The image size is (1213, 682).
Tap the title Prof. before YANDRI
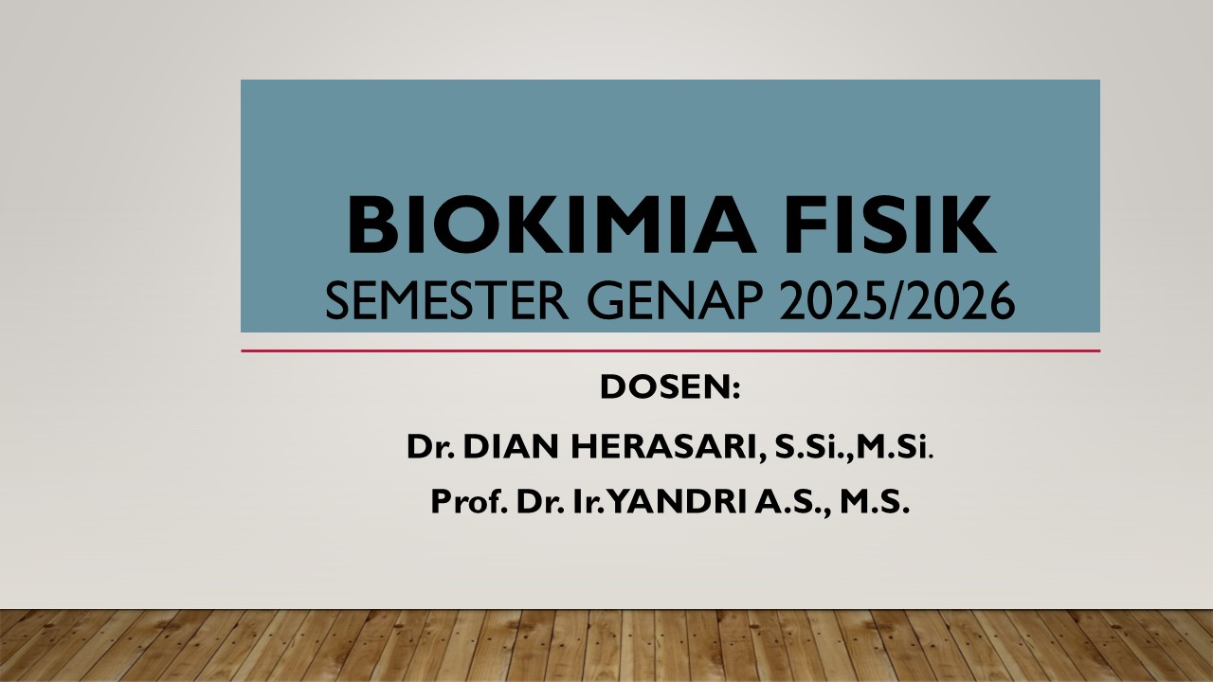[x=468, y=502]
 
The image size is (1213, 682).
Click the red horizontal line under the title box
[x=670, y=351]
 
